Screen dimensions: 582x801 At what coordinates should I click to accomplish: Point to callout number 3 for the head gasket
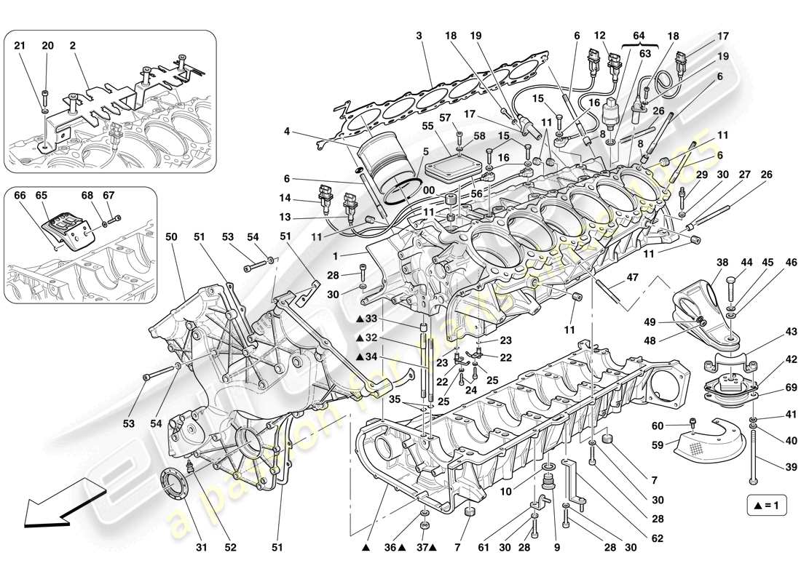(x=419, y=36)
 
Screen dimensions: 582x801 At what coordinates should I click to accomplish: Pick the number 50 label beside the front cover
(x=171, y=237)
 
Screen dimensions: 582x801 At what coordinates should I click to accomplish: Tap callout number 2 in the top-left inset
(x=73, y=45)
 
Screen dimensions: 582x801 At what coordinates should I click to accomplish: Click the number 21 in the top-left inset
(x=20, y=45)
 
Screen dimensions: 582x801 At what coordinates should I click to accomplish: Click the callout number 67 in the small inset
(x=109, y=196)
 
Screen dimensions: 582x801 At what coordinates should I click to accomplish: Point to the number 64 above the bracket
(x=639, y=36)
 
